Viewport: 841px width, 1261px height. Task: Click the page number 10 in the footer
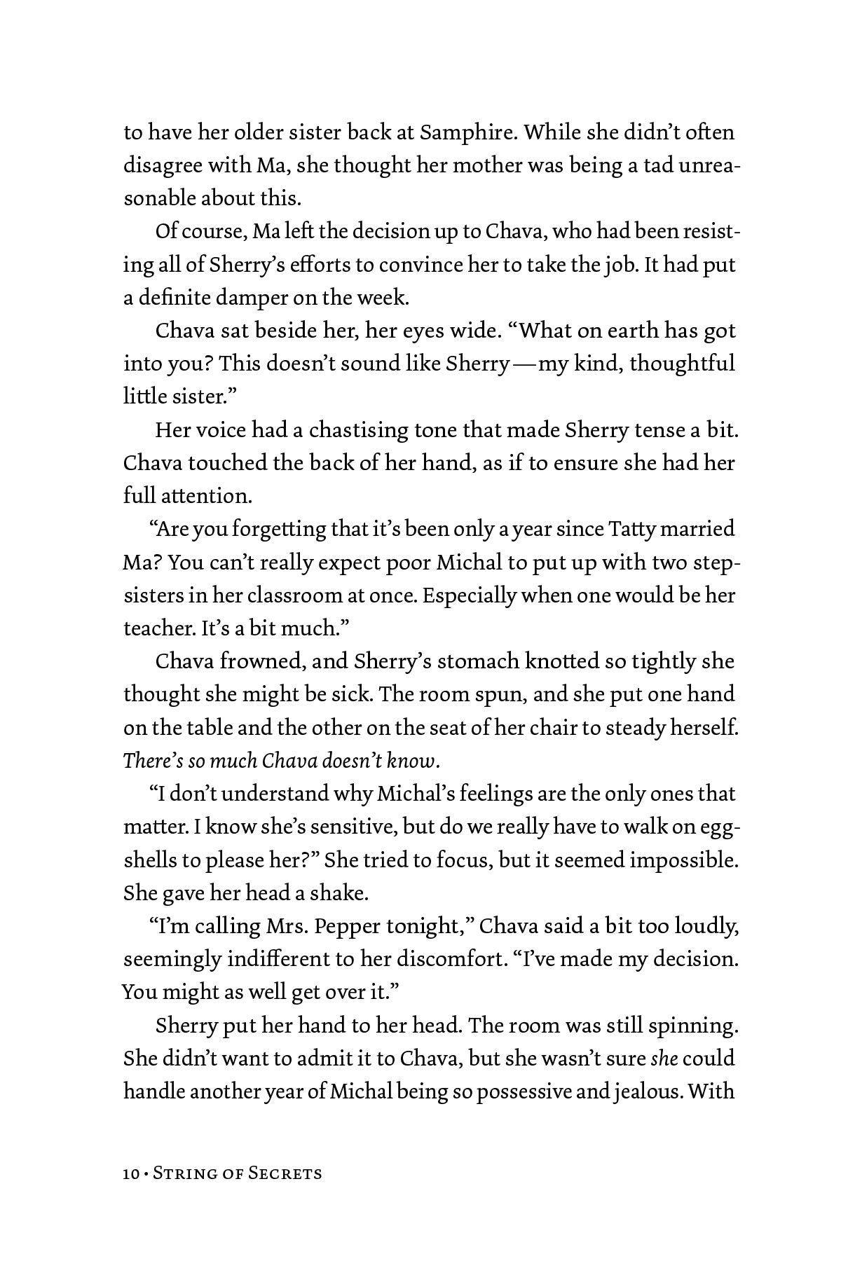pos(131,1173)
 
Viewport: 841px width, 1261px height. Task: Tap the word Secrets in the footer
pos(285,1173)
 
